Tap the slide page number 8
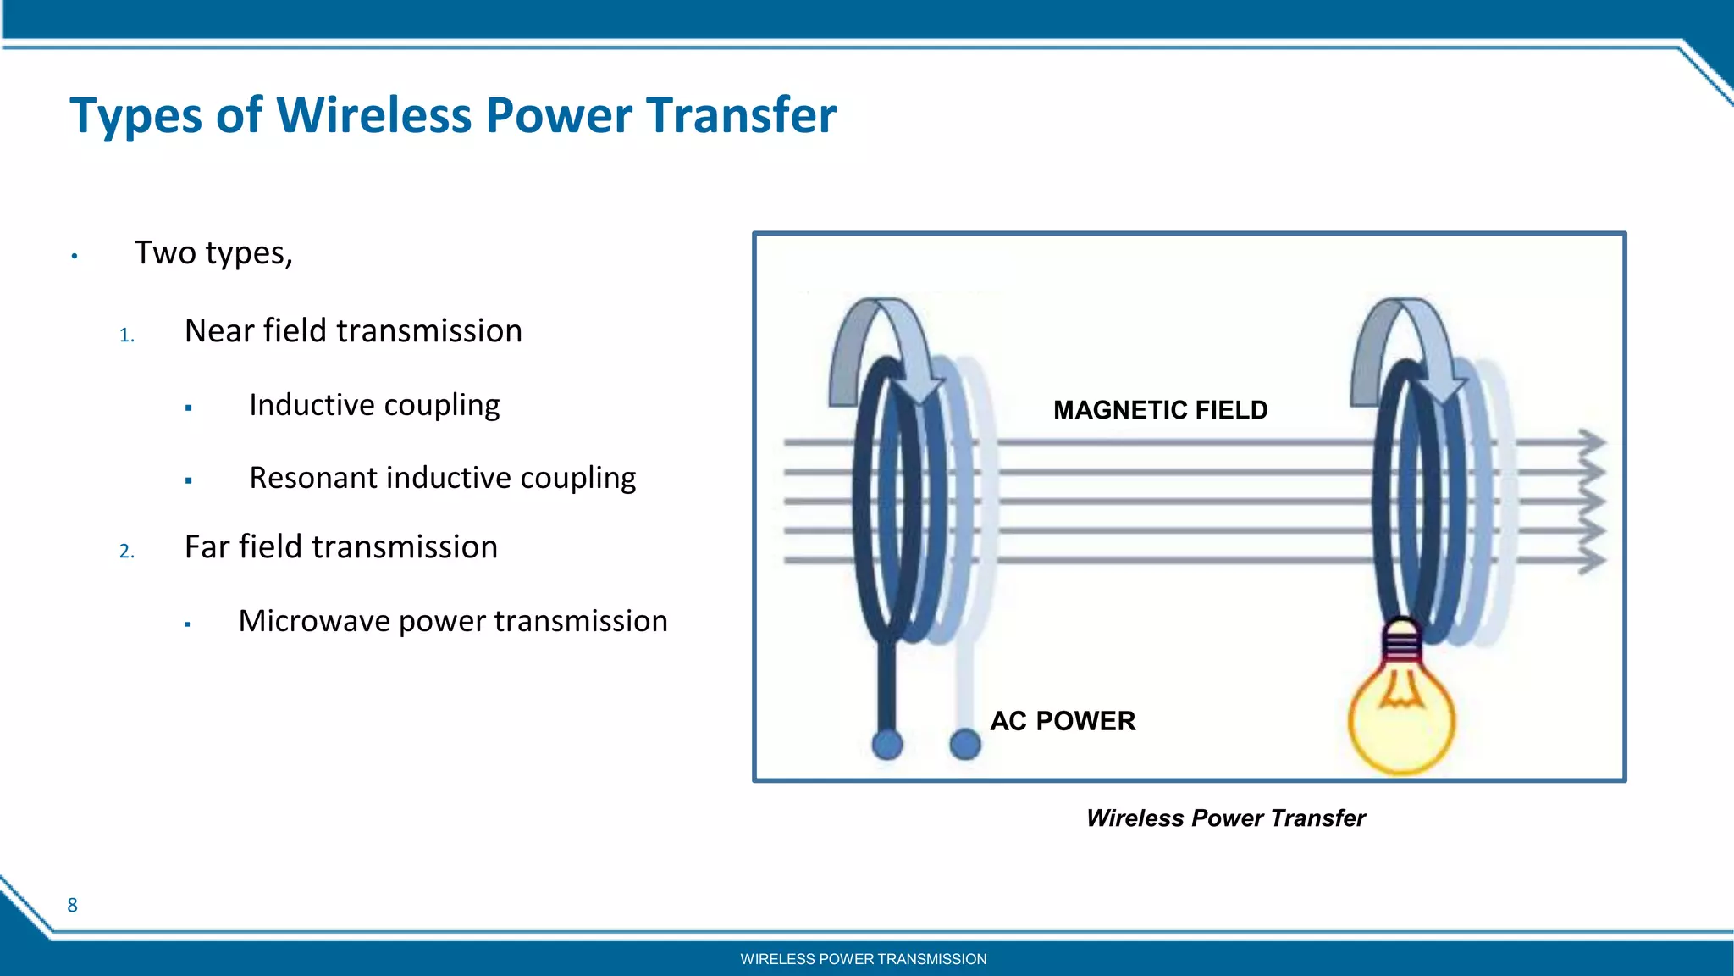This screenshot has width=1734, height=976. pos(72,905)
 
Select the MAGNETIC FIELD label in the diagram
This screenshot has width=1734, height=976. pos(1160,410)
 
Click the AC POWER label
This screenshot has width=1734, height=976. pos(1063,721)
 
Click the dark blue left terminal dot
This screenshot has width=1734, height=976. pos(887,745)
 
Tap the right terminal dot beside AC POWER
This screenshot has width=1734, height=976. pos(965,745)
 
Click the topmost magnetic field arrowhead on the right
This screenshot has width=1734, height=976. pos(1592,441)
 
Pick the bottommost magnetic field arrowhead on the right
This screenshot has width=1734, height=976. pos(1592,560)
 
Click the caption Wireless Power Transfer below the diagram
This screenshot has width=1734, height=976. pos(1225,818)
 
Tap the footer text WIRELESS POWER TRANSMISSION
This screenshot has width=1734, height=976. pos(863,959)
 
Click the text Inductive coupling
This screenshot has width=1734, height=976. pos(374,405)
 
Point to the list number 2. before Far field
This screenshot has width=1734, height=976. pos(127,552)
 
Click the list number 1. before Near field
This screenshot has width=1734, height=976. pos(127,335)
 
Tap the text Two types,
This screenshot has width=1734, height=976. pos(213,252)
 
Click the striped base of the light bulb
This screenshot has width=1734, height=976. pos(1402,648)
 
